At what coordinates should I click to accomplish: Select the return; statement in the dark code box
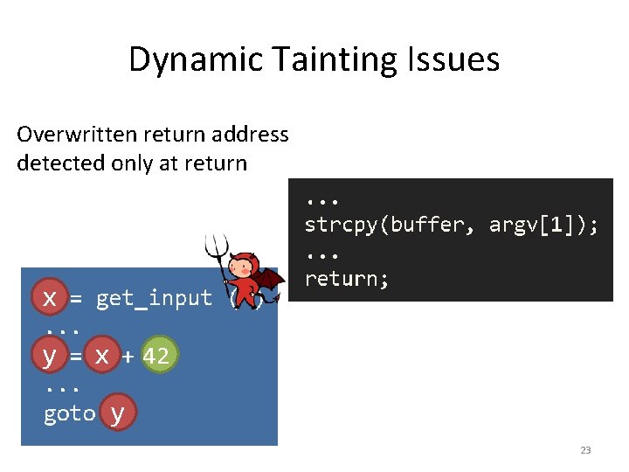pyautogui.click(x=346, y=280)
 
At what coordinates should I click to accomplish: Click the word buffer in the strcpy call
pyautogui.click(x=429, y=226)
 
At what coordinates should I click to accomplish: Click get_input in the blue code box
pyautogui.click(x=154, y=299)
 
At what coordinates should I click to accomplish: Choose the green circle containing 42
pyautogui.click(x=156, y=357)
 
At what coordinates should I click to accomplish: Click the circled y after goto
pyautogui.click(x=119, y=413)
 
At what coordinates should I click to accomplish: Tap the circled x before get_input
pyautogui.click(x=50, y=298)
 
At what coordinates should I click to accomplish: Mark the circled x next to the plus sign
pyautogui.click(x=103, y=357)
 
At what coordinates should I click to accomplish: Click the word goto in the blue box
pyautogui.click(x=69, y=413)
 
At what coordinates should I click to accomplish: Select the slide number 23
pyautogui.click(x=585, y=450)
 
